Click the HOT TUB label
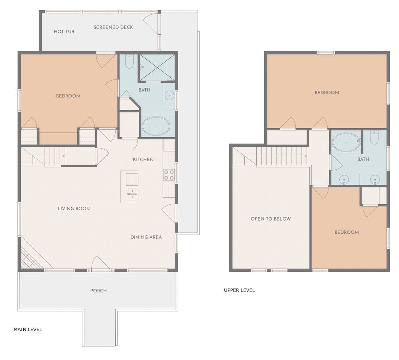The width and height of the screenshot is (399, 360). [x=64, y=31]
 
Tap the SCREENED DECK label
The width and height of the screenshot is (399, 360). [x=113, y=27]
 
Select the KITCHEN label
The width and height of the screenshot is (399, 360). [x=143, y=159]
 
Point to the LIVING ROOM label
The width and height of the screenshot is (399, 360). [x=74, y=208]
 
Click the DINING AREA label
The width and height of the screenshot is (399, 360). [x=146, y=237]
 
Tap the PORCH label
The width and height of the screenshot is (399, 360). [x=98, y=291]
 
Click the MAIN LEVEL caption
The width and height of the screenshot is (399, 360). [x=28, y=329]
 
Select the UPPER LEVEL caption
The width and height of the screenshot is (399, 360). [x=239, y=290]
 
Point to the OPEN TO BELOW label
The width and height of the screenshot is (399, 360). [x=271, y=219]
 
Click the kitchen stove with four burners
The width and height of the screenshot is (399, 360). [x=169, y=175]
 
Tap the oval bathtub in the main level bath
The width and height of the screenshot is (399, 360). [x=156, y=126]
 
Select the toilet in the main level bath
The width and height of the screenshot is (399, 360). [x=129, y=61]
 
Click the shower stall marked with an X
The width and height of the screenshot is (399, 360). [x=156, y=67]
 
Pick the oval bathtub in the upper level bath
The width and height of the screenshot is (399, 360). [x=346, y=142]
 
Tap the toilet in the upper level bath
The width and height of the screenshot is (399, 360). [x=374, y=137]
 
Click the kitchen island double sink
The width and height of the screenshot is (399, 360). [x=132, y=194]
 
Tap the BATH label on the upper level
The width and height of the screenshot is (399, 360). [x=363, y=159]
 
